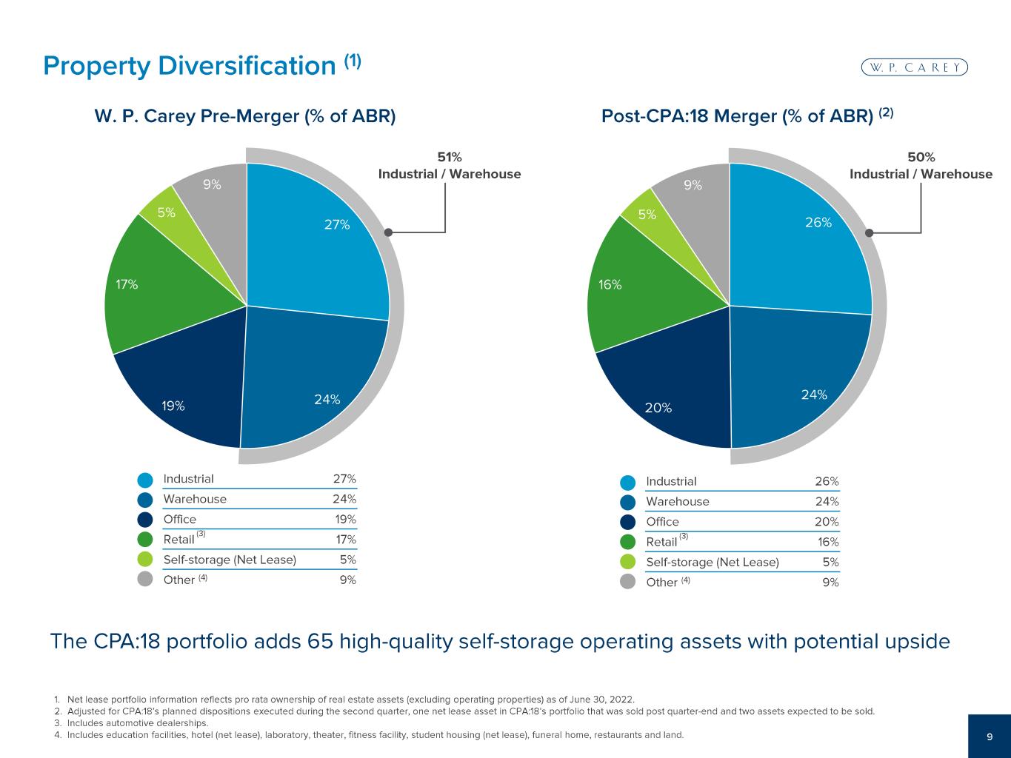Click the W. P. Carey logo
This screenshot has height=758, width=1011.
pos(915,67)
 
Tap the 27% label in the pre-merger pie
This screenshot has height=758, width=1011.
pos(337,224)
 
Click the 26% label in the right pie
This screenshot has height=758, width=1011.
pos(818,222)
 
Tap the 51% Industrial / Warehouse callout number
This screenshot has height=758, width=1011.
pos(450,157)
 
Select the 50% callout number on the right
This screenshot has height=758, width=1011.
pos(921,157)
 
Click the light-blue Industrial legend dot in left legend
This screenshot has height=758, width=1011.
pos(145,479)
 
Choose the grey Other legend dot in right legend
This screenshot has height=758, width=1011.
pos(628,582)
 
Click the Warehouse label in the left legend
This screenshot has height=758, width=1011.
pos(195,499)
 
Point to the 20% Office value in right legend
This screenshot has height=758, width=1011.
pos(827,522)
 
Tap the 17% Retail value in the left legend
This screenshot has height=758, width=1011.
pos(345,540)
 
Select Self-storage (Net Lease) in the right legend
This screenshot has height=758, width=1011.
pos(713,562)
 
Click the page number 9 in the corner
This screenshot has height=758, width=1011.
pos(990,737)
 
